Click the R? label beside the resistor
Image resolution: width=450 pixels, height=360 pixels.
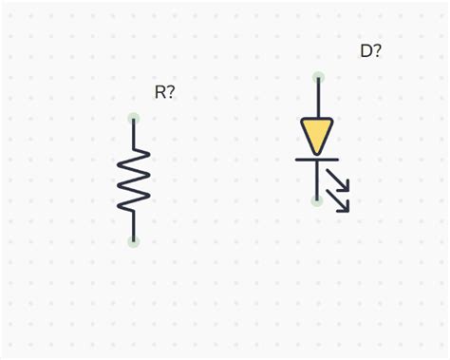[164, 92]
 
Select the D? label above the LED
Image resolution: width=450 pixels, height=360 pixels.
[370, 51]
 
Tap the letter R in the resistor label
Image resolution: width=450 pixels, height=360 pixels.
[160, 92]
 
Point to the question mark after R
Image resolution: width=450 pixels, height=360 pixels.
[171, 92]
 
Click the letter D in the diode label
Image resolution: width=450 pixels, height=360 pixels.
[366, 51]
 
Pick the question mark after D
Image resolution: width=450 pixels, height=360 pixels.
[377, 51]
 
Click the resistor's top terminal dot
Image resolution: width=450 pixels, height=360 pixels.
[134, 119]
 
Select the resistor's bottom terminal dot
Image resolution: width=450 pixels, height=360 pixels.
[134, 241]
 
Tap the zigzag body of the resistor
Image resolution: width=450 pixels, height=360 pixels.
[134, 180]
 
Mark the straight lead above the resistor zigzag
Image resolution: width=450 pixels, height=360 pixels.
[134, 134]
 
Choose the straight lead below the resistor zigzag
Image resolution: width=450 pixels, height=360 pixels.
[134, 225]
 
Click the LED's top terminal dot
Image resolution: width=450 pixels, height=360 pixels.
[318, 77]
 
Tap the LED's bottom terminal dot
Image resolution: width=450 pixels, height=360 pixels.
[317, 200]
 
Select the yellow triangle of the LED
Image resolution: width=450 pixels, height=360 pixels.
[317, 132]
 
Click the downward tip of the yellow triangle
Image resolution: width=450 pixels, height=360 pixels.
[317, 152]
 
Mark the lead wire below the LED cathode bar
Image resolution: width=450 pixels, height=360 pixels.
[317, 180]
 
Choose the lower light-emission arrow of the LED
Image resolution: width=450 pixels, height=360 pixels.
[340, 200]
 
